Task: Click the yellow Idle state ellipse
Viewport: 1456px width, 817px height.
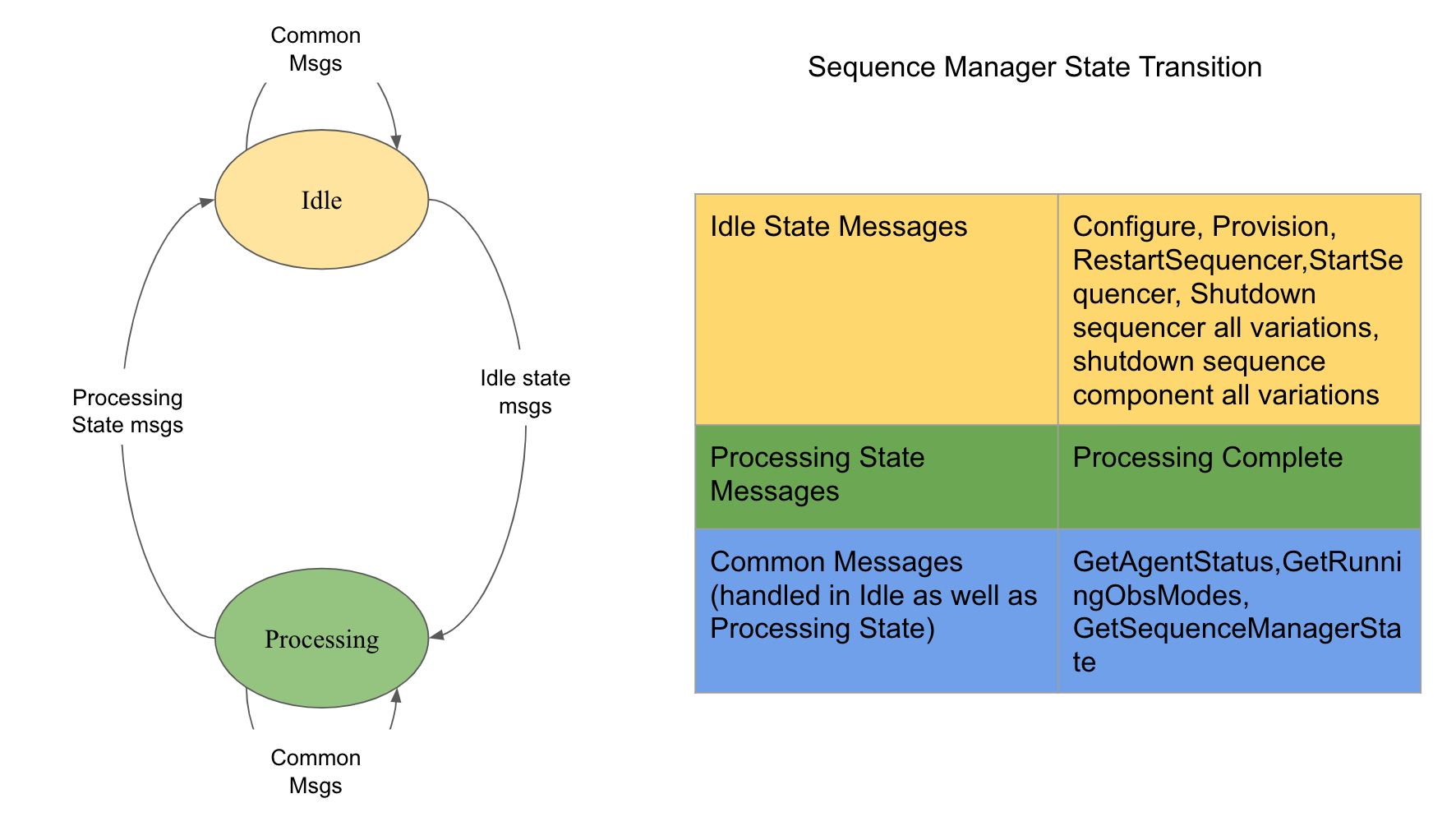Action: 321,200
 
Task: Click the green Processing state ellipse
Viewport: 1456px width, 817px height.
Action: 321,639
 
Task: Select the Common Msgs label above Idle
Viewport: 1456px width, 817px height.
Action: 316,49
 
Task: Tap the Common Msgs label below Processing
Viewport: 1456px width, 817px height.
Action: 316,771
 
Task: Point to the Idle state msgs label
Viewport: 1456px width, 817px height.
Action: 525,391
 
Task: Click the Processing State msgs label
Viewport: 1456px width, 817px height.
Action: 127,411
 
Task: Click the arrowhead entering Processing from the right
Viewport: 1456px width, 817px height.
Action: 436,635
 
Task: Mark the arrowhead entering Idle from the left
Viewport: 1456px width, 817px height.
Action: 207,201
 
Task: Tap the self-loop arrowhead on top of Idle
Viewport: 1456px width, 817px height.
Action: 396,142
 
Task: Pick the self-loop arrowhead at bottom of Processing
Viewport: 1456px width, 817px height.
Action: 396,695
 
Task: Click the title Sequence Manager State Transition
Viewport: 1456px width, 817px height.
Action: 1034,67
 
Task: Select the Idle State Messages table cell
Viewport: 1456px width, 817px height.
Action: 876,309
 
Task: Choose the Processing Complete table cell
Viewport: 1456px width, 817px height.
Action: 1238,477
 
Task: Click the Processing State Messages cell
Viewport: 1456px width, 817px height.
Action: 876,477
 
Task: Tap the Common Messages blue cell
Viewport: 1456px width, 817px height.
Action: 876,611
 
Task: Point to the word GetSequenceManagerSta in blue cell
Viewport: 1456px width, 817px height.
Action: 1237,629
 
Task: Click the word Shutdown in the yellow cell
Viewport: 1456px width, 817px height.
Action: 1253,294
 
